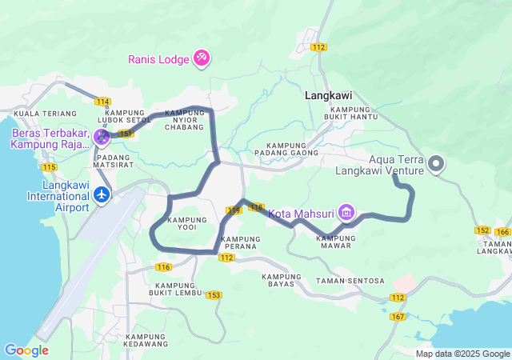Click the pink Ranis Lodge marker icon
click(202, 58)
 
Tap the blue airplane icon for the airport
click(102, 194)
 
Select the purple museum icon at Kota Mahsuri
click(346, 213)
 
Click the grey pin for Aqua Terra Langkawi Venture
click(436, 164)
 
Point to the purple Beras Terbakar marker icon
click(101, 137)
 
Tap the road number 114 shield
click(102, 102)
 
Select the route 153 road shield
click(213, 295)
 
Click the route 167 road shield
click(398, 317)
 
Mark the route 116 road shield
click(164, 266)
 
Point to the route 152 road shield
click(482, 230)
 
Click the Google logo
click(26, 350)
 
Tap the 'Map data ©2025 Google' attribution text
click(462, 354)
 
